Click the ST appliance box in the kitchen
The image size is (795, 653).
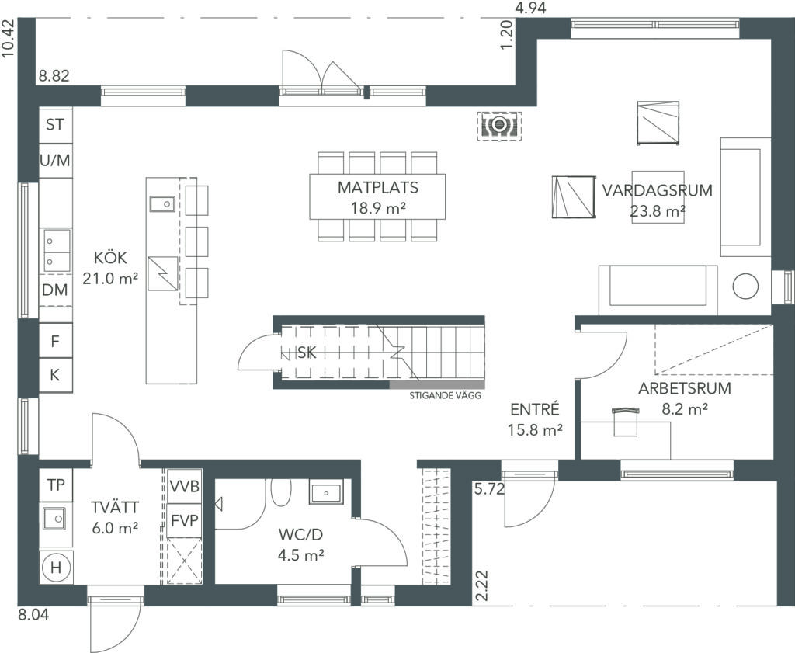tap(56, 125)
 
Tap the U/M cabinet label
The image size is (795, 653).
tap(55, 161)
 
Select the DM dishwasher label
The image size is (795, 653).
tap(55, 290)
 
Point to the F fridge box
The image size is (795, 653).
tap(56, 341)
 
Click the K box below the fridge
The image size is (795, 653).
tap(56, 375)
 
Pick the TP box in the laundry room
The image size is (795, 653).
tap(56, 485)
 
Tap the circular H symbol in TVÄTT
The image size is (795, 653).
tap(56, 568)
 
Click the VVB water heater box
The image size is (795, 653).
tap(185, 486)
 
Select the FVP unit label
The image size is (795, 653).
tap(185, 521)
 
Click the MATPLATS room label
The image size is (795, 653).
tap(378, 188)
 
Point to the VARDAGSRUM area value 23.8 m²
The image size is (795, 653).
tap(658, 211)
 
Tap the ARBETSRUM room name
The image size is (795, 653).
tap(685, 388)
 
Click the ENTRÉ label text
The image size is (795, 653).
tap(535, 409)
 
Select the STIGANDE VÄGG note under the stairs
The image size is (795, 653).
tap(445, 396)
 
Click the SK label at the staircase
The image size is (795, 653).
tap(306, 353)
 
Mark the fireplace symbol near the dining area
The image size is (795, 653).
tap(499, 125)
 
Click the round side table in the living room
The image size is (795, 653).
tap(745, 287)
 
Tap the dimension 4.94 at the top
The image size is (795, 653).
tap(530, 8)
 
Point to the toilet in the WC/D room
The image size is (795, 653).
tap(281, 491)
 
